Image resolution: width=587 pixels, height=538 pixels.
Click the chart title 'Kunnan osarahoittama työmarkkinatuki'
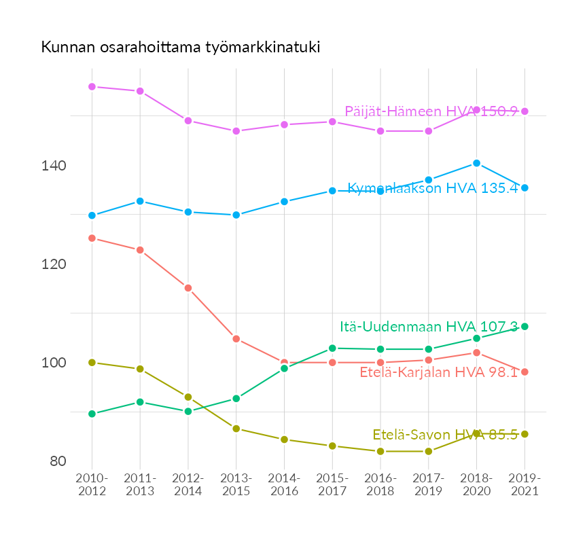pyautogui.click(x=180, y=48)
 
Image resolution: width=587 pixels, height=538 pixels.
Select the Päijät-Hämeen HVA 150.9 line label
pyautogui.click(x=431, y=111)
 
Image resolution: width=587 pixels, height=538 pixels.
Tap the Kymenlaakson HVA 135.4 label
pyautogui.click(x=432, y=188)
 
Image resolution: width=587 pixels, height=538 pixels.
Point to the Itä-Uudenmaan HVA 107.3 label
pyautogui.click(x=429, y=327)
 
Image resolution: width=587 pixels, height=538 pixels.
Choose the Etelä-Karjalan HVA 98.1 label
pyautogui.click(x=438, y=372)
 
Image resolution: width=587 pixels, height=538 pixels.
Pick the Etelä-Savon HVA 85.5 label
pyautogui.click(x=444, y=435)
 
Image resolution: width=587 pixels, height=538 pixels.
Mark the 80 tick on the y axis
pyautogui.click(x=58, y=461)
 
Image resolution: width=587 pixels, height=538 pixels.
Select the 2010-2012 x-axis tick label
pyautogui.click(x=92, y=485)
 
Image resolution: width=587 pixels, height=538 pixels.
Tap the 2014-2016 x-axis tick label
pyautogui.click(x=284, y=485)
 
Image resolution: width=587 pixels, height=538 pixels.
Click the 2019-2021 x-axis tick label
pyautogui.click(x=524, y=485)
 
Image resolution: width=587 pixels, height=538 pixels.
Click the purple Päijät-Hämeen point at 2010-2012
pyautogui.click(x=92, y=87)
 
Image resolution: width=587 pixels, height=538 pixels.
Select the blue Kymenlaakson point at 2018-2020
pyautogui.click(x=476, y=163)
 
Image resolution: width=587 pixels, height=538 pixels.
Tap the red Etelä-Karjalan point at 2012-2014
pyautogui.click(x=188, y=288)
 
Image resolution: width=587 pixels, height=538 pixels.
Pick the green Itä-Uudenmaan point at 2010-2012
pyautogui.click(x=92, y=414)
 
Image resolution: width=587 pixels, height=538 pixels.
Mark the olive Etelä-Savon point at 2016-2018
pyautogui.click(x=380, y=451)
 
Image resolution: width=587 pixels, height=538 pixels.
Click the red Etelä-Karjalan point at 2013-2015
pyautogui.click(x=236, y=339)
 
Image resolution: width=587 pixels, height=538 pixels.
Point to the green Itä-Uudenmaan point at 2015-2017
pyautogui.click(x=332, y=348)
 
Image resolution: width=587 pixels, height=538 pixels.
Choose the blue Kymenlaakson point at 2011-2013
pyautogui.click(x=140, y=201)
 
